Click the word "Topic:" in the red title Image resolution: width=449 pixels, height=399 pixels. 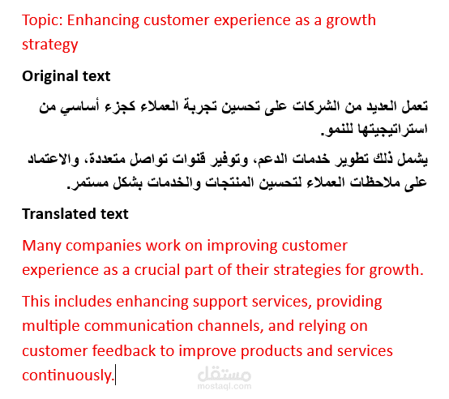[x=42, y=21]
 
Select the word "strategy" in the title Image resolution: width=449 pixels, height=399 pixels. [x=49, y=45]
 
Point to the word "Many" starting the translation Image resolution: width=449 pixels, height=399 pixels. [x=41, y=247]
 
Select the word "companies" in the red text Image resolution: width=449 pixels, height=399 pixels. [x=104, y=247]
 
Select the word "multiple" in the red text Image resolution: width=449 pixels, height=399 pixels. [x=51, y=327]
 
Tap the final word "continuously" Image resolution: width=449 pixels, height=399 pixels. [x=67, y=375]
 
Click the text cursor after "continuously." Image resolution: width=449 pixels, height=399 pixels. [x=115, y=375]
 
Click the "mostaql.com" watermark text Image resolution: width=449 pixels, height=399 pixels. [x=224, y=386]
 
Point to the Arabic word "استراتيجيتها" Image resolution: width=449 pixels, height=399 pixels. [x=392, y=130]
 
